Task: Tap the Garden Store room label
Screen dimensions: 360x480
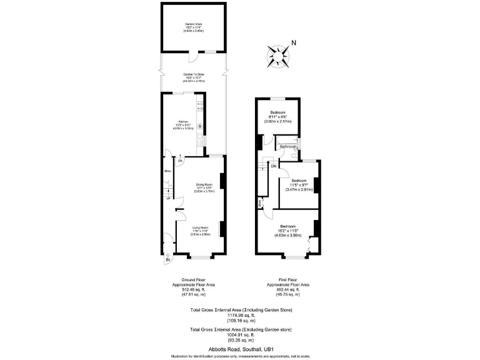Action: click(x=194, y=24)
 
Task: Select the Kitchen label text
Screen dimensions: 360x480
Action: click(x=183, y=121)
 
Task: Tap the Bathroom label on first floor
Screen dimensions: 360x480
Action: click(x=287, y=146)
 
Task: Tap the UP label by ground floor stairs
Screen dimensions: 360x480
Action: click(x=167, y=198)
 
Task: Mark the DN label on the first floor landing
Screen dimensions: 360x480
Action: click(x=273, y=166)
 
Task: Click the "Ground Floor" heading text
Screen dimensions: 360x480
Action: click(x=193, y=279)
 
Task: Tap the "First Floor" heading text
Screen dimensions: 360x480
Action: click(x=287, y=279)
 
